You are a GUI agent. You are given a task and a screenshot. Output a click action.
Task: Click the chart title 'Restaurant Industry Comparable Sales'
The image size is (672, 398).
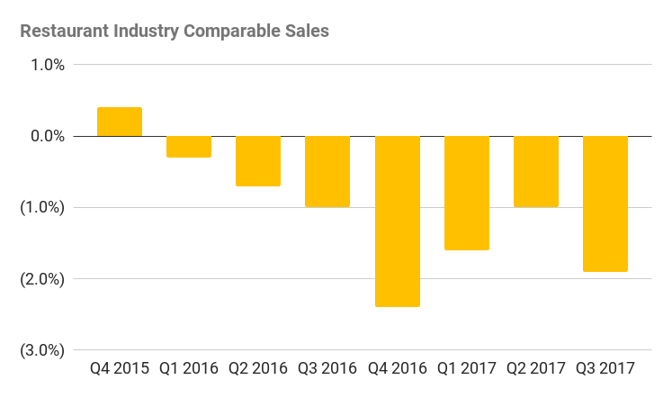(x=175, y=31)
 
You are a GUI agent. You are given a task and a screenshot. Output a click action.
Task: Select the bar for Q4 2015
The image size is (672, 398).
(x=120, y=122)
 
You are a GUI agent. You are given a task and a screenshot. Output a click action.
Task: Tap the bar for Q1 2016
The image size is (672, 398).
(x=189, y=147)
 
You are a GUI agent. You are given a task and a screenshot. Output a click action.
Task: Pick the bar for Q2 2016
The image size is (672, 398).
(x=258, y=161)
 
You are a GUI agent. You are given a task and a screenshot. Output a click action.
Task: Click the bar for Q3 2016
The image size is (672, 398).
(x=327, y=171)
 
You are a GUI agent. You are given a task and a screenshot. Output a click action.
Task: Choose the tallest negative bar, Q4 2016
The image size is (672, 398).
(x=398, y=222)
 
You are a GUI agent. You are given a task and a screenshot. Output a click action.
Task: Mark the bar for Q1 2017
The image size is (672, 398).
(x=467, y=193)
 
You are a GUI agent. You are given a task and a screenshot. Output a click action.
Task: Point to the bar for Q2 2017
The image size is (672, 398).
(x=536, y=171)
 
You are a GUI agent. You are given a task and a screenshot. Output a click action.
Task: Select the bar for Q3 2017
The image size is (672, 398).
(x=605, y=204)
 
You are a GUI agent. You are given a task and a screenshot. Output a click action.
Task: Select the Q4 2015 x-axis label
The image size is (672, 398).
(x=120, y=368)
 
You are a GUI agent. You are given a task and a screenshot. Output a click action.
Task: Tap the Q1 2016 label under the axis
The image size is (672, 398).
(x=189, y=368)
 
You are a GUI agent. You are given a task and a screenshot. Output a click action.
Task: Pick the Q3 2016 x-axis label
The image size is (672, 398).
(x=327, y=368)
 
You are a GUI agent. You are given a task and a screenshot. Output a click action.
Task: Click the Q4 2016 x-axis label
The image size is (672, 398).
(x=398, y=368)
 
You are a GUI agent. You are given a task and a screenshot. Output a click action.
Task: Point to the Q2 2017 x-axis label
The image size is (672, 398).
(x=536, y=368)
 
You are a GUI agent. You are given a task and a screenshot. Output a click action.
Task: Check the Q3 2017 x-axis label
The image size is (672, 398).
(x=605, y=368)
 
